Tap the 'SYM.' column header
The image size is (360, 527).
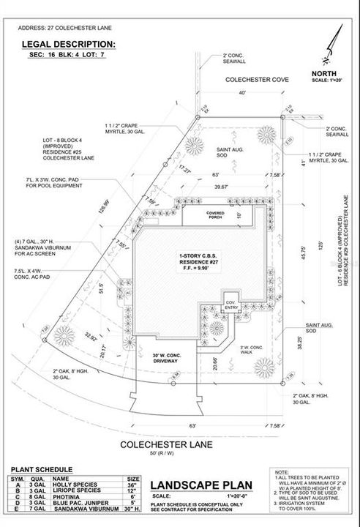point(17,477)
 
